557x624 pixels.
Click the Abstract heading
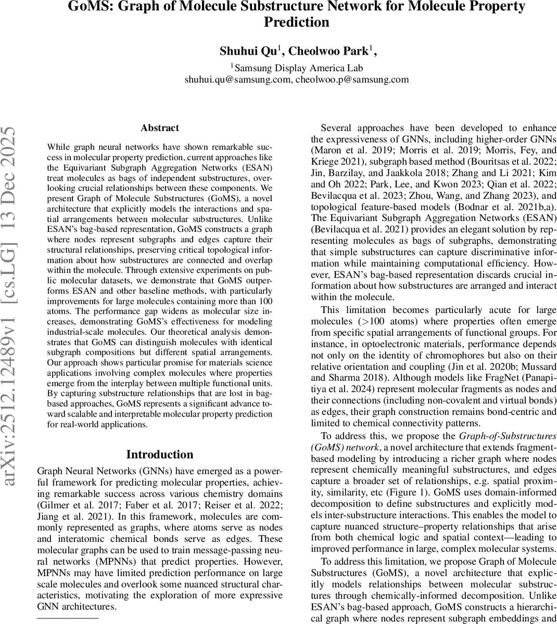point(159,128)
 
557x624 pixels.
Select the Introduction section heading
point(159,454)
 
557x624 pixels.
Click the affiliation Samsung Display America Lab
point(298,68)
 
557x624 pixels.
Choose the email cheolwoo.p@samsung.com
point(352,80)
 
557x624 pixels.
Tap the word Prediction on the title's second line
point(297,22)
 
